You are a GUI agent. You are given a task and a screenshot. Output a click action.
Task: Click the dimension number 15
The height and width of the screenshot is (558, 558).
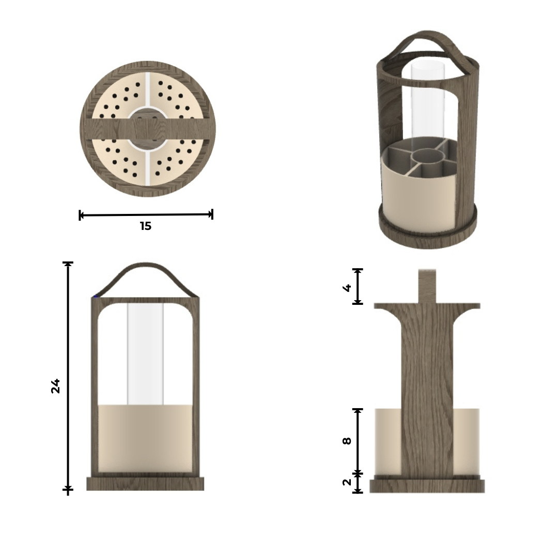click(x=146, y=226)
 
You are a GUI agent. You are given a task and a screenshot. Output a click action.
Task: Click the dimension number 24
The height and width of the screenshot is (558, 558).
click(x=55, y=386)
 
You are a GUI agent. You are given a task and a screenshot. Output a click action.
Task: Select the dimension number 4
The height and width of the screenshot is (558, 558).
click(x=347, y=288)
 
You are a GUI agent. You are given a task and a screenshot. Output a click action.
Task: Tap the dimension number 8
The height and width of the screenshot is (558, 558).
click(x=347, y=441)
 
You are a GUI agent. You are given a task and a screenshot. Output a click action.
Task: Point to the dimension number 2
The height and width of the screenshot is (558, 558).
click(x=347, y=482)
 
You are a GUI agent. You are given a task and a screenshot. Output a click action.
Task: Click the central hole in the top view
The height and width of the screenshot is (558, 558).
click(x=148, y=129)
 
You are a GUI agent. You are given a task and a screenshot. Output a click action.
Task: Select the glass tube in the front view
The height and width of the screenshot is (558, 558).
click(x=145, y=354)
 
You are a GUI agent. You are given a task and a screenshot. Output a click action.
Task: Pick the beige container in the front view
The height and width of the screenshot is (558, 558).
click(x=145, y=439)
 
